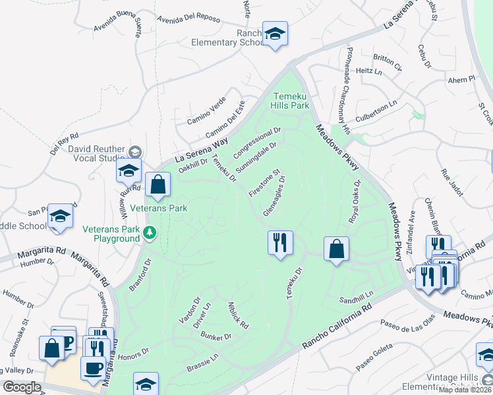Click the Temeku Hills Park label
coord(291,100)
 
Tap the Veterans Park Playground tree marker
coord(150,232)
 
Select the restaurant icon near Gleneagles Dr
coord(280,243)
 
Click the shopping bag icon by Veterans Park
coord(158,186)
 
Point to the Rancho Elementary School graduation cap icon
coord(274,34)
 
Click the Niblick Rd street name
coord(238,315)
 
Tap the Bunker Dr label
coord(217,336)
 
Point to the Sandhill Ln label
coord(356,297)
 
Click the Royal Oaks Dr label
coord(353,201)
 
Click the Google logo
coord(22,387)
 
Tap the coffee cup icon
coord(93,367)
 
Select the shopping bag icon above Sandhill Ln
coord(336,249)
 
